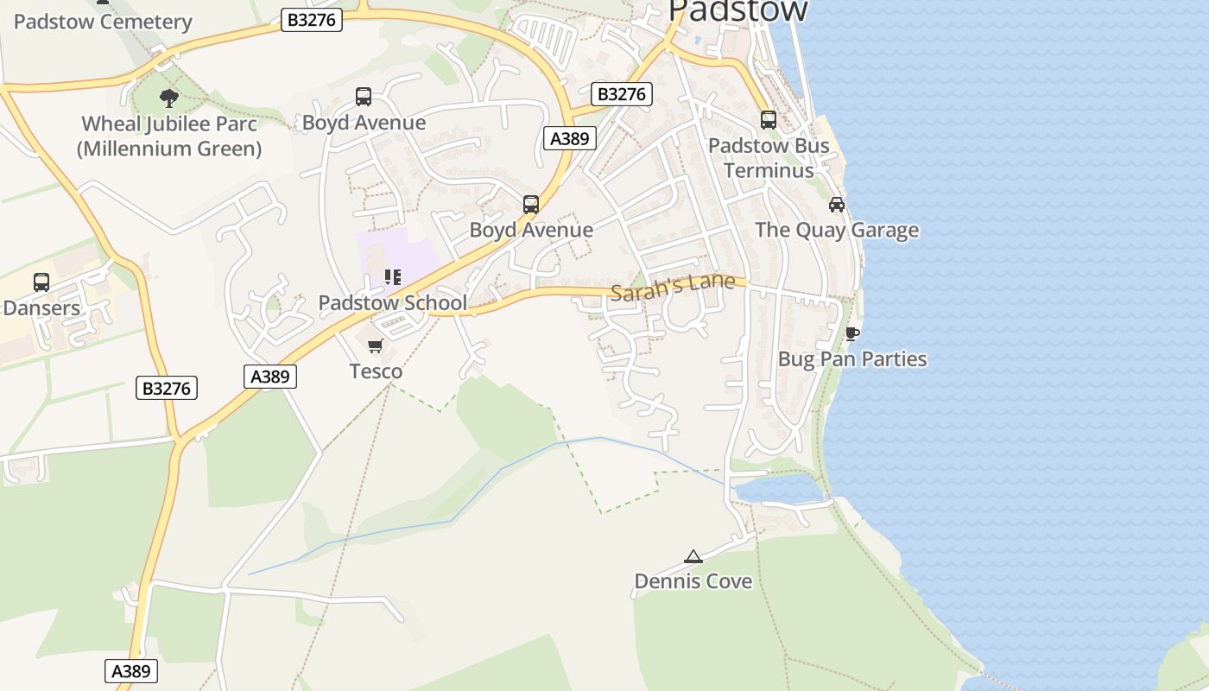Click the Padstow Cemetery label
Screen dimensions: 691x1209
pos(103,22)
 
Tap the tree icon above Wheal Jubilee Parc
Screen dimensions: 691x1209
pos(169,98)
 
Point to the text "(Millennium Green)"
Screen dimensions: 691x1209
pos(169,149)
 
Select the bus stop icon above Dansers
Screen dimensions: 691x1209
pos(41,282)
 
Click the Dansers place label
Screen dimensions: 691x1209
pos(41,307)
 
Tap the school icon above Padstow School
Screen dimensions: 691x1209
pos(393,277)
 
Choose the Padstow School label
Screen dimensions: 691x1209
pos(393,303)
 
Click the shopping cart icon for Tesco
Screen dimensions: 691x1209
pos(375,346)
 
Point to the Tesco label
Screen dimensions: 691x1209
pos(376,371)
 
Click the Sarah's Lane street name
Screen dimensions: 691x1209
pos(673,287)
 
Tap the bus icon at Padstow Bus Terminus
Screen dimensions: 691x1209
pos(769,120)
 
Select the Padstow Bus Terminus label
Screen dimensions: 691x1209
pos(769,158)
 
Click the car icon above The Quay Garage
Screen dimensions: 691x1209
pos(836,205)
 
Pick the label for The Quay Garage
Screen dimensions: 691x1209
pos(837,231)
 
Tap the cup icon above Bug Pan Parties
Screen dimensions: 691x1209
pos(852,333)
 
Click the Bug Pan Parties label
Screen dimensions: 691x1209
pos(852,359)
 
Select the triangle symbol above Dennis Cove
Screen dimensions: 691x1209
pos(693,556)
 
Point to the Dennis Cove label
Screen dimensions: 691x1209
pos(693,581)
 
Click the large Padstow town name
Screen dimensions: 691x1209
pos(738,10)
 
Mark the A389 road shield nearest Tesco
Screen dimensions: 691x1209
pos(269,377)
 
